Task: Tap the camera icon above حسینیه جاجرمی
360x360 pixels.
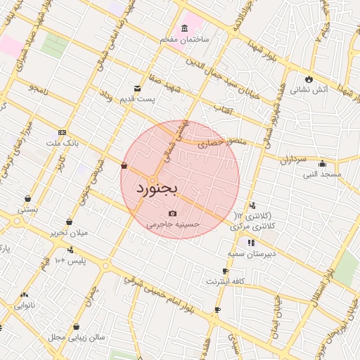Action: tap(173, 214)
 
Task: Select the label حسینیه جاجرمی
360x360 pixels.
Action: tap(173, 224)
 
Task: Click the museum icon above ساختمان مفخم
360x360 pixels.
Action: tap(184, 29)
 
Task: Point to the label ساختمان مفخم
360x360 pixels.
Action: tap(184, 39)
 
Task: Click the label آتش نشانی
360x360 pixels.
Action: tap(309, 89)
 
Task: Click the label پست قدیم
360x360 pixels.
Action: tap(138, 99)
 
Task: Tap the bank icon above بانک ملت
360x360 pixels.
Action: tap(63, 132)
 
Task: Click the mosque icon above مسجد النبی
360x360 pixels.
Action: tap(322, 164)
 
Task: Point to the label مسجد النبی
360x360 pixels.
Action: tap(322, 174)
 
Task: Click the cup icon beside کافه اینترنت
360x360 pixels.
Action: tap(225, 271)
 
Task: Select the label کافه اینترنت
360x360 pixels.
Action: tap(225, 281)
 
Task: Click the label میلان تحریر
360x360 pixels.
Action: tap(68, 232)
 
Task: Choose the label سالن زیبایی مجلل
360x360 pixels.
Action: tap(76, 337)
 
